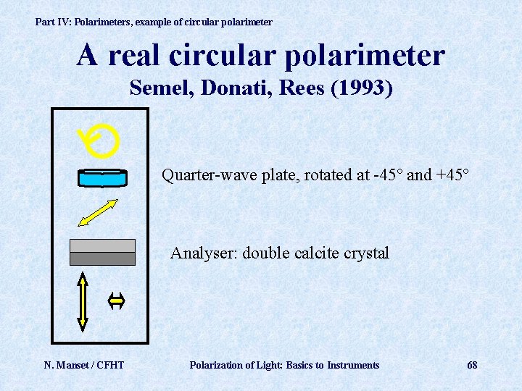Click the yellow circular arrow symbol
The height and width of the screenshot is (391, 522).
coord(100,141)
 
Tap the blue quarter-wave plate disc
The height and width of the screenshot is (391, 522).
coord(102,177)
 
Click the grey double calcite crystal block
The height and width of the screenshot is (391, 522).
coord(102,252)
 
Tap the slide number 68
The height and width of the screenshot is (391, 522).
coord(472,365)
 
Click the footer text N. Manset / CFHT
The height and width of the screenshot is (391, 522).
coord(84,365)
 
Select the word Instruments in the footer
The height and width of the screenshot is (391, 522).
coord(353,365)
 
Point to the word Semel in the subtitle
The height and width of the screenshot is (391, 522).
coord(155,88)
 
